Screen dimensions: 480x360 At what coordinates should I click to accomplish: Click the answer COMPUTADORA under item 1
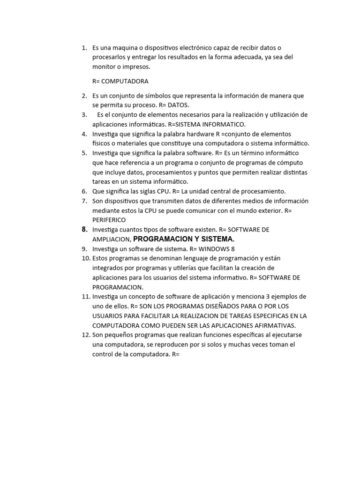click(125, 81)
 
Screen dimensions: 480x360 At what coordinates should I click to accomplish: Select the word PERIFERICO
click(109, 220)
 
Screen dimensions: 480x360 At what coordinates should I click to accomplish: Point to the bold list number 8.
click(84, 229)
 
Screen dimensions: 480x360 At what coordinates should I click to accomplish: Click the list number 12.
click(85, 335)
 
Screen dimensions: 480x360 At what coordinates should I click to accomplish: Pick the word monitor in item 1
click(105, 67)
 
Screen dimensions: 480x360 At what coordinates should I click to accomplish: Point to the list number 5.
click(84, 153)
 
